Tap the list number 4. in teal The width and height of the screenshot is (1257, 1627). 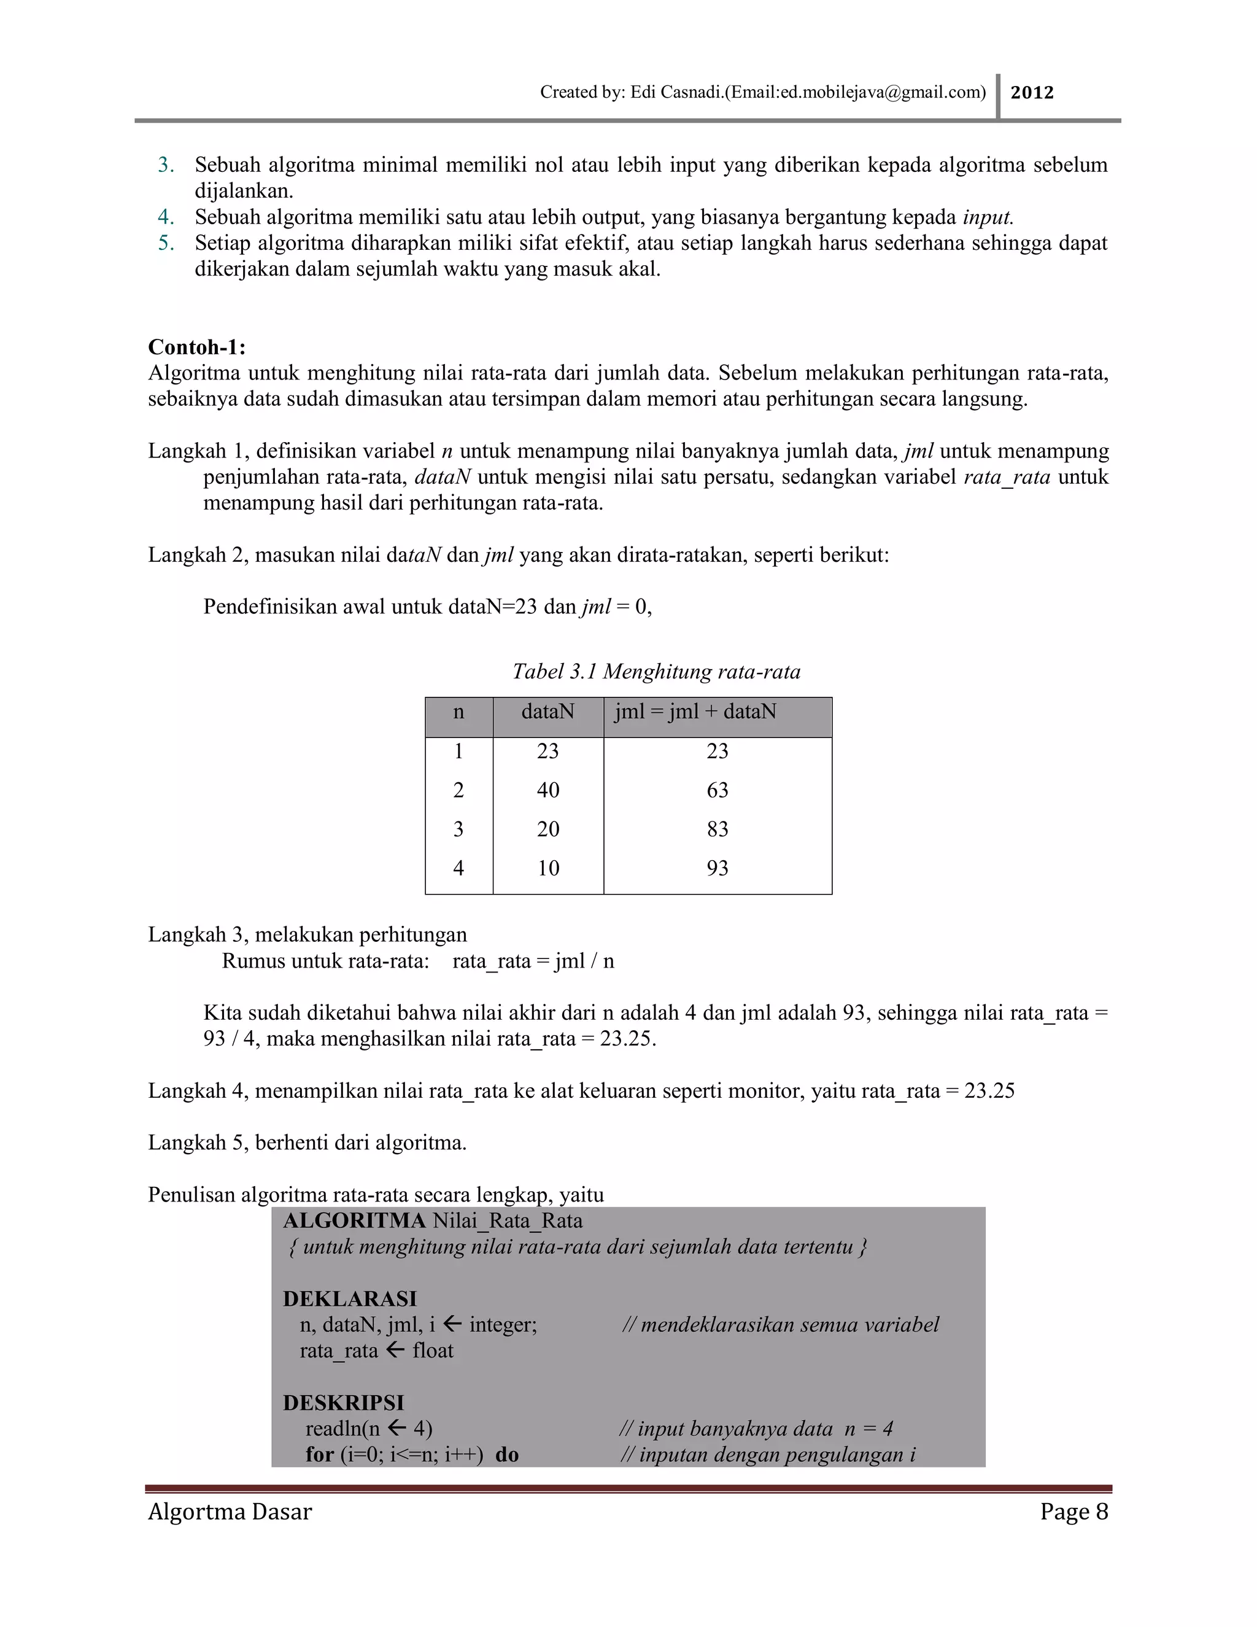pos(165,217)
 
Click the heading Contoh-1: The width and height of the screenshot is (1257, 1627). pos(196,347)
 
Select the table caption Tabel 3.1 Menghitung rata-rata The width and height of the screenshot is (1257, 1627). pos(656,672)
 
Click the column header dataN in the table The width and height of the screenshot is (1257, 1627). pos(547,712)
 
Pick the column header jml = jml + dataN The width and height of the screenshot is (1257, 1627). pos(695,712)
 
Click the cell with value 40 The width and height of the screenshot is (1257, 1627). pos(547,790)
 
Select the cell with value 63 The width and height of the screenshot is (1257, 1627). pos(717,790)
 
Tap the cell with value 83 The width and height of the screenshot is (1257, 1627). pos(717,829)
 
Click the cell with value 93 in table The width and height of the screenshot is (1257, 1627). pos(717,869)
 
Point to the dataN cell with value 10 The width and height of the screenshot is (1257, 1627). pos(547,869)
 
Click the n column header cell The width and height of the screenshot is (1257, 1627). pos(458,712)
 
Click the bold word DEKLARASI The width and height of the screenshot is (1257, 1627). pos(349,1299)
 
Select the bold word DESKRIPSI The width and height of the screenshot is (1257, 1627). pos(343,1404)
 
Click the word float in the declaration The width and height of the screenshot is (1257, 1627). pos(433,1351)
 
